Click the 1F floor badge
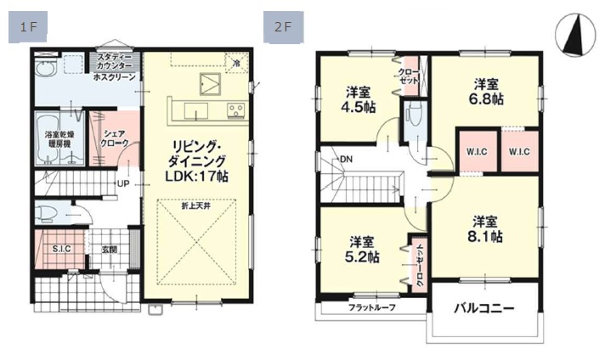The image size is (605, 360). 28,27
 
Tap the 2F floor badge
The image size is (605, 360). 284,27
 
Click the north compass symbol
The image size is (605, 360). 575,36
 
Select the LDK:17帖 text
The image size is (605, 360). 196,176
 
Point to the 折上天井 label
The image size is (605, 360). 196,206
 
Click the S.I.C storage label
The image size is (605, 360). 62,249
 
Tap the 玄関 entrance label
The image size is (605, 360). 110,250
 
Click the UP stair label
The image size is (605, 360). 123,184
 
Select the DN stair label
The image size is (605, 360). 346,159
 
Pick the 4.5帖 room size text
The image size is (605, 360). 358,107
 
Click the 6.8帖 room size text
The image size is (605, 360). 486,99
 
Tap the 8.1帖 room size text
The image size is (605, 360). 485,236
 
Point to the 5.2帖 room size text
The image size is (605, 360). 361,256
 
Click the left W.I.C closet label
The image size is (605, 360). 477,152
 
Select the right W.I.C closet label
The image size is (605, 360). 519,152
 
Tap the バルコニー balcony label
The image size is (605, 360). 483,309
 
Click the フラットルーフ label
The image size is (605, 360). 372,308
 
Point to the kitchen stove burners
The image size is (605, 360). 235,110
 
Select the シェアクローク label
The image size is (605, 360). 115,138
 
